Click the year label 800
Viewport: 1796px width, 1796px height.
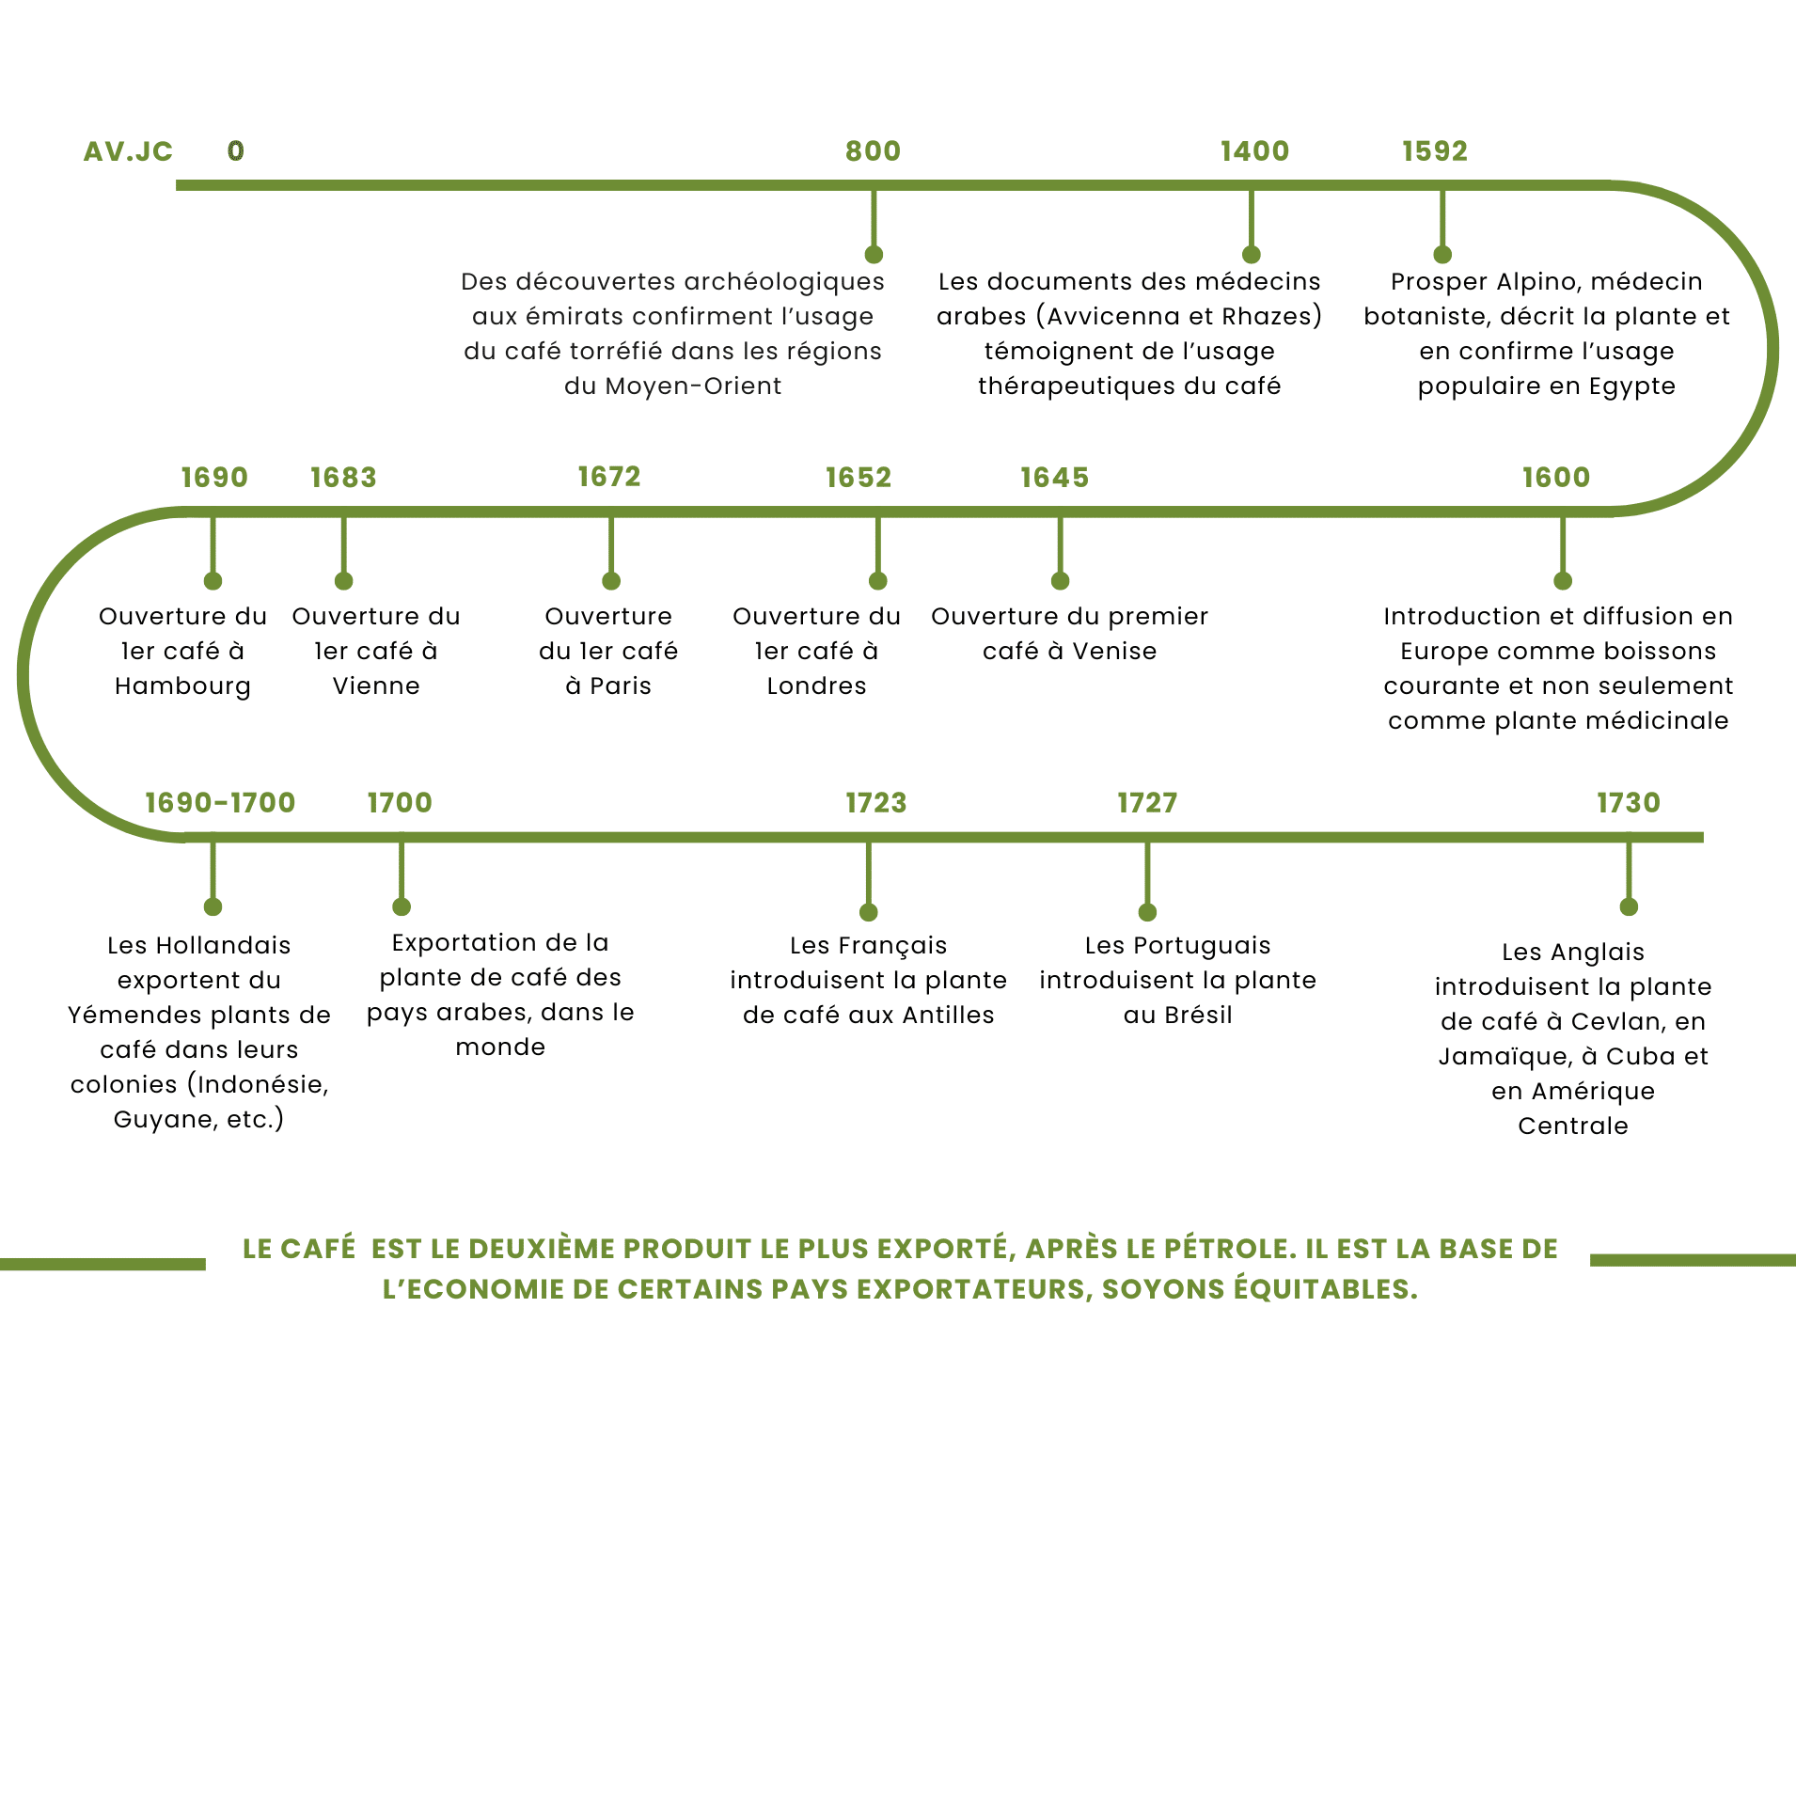(x=873, y=151)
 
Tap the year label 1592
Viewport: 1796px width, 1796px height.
(x=1435, y=151)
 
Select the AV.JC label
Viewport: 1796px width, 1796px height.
(x=128, y=151)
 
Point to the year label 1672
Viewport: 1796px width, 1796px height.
(x=609, y=477)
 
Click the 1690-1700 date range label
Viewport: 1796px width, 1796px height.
(x=220, y=803)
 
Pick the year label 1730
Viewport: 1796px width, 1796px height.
(x=1629, y=803)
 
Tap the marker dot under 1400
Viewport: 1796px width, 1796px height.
(x=1251, y=255)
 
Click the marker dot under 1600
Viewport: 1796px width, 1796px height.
(x=1563, y=581)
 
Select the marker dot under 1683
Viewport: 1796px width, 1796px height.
(x=344, y=581)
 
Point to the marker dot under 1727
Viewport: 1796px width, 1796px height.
(x=1147, y=912)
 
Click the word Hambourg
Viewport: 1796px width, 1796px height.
(x=182, y=686)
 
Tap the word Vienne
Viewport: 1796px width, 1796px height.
(x=376, y=685)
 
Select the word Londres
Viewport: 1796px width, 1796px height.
(x=816, y=685)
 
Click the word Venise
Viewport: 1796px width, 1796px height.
(x=1115, y=651)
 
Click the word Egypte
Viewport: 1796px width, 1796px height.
(x=1632, y=386)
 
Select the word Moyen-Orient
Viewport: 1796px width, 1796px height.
(x=694, y=386)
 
